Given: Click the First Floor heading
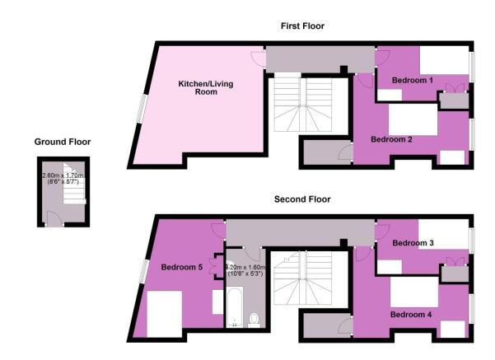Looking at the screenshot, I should [x=302, y=26].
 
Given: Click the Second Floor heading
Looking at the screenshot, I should [x=302, y=200].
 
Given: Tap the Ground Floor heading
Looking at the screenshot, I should [x=63, y=142].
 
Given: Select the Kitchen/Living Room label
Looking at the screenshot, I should [x=198, y=88].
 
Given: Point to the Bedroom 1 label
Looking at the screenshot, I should [x=412, y=81].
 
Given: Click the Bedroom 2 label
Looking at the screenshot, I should [x=391, y=139].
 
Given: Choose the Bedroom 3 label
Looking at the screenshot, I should [x=413, y=243].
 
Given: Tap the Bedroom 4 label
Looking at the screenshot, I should [x=411, y=314].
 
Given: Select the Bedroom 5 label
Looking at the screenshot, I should [x=181, y=267].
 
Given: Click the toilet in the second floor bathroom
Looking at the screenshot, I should [x=255, y=318].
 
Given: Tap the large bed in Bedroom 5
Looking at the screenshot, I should [x=165, y=313].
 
